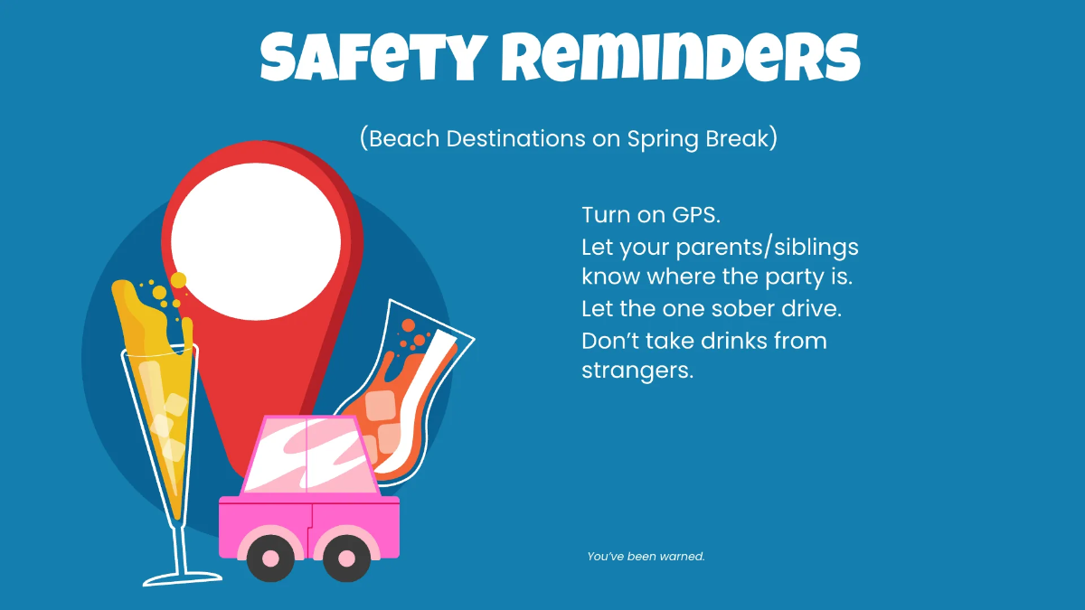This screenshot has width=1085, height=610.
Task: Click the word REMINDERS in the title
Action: [680, 58]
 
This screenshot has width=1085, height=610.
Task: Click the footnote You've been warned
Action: [646, 557]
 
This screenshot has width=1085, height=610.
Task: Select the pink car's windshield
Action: [307, 459]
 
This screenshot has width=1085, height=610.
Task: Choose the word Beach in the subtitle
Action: [404, 139]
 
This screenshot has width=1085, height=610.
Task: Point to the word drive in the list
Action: [809, 308]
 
